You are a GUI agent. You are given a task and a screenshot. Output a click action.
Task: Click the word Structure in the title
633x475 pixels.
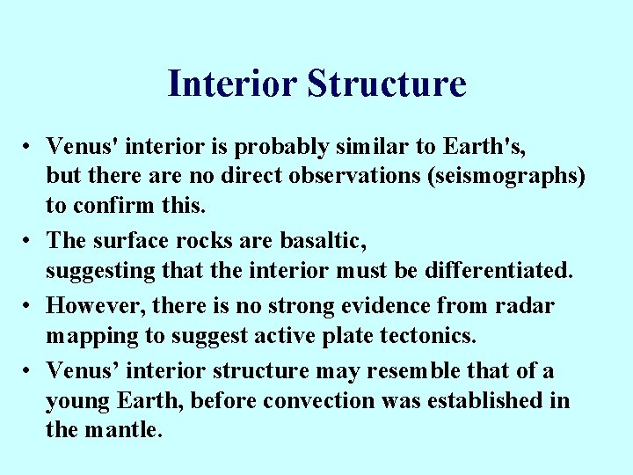point(386,84)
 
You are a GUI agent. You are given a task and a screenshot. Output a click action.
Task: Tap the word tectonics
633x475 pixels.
point(431,336)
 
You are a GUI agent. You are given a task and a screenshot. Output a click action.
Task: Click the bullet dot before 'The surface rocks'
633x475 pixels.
point(29,240)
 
